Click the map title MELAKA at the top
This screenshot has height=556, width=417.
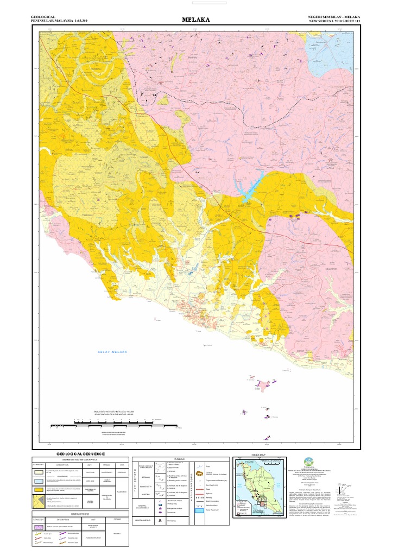click(198, 20)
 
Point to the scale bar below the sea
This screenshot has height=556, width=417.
click(103, 424)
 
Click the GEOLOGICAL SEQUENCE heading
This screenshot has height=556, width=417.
click(81, 453)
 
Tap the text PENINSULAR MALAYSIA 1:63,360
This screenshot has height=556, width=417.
click(60, 21)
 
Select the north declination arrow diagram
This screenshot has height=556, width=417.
click(342, 491)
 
